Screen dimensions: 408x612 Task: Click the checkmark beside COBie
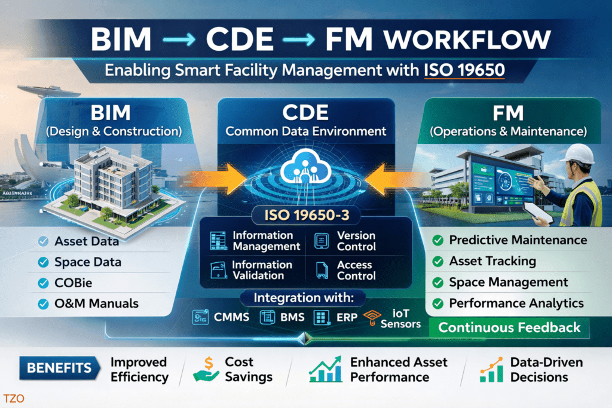coord(43,283)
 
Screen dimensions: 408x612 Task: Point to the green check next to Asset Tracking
coord(437,262)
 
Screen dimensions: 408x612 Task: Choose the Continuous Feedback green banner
coord(509,327)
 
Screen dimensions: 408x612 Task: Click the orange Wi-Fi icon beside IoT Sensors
coord(372,317)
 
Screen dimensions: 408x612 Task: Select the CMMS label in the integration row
coord(231,317)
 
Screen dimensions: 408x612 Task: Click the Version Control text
coord(356,241)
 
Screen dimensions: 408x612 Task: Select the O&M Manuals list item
coord(96,303)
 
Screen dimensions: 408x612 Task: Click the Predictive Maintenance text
coord(518,240)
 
